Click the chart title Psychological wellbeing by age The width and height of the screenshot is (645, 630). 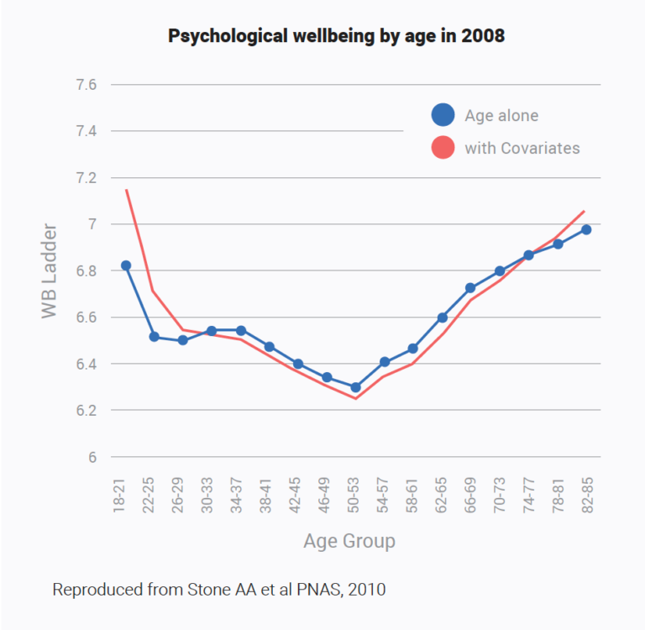click(x=336, y=37)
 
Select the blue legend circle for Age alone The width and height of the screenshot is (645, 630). click(x=443, y=116)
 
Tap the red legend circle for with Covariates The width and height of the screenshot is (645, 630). click(x=443, y=148)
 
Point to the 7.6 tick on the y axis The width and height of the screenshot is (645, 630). click(x=87, y=85)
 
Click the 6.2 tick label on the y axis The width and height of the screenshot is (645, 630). click(x=87, y=411)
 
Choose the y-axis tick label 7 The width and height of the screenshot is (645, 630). click(x=93, y=224)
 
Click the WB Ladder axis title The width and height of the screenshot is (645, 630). click(x=50, y=270)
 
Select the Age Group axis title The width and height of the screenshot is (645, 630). click(x=349, y=540)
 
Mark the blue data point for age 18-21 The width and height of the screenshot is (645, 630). click(x=126, y=265)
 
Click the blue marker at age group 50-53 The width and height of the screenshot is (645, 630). click(x=355, y=387)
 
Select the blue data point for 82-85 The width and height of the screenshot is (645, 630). click(x=586, y=229)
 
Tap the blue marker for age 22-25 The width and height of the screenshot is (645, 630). click(x=155, y=337)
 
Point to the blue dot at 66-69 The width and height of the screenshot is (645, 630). click(x=470, y=288)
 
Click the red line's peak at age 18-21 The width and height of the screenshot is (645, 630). click(x=126, y=190)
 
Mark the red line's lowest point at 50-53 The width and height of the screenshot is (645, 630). click(x=355, y=398)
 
